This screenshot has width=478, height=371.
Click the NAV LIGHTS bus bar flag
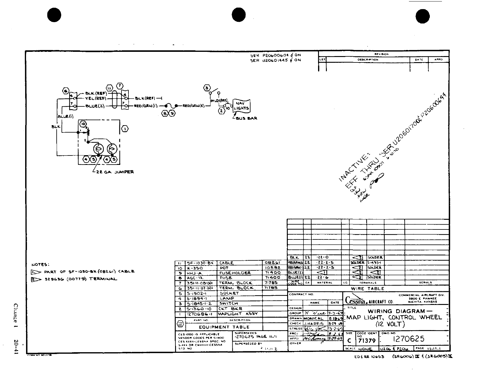[x=241, y=106]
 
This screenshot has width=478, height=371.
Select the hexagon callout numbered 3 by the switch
[x=207, y=88]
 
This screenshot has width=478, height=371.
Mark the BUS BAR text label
[x=248, y=118]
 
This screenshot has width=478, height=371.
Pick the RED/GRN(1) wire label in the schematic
[x=146, y=106]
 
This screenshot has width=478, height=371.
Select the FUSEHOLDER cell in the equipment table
[x=234, y=273]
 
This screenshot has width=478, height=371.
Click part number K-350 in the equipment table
[x=194, y=268]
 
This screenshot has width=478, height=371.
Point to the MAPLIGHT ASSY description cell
[x=237, y=314]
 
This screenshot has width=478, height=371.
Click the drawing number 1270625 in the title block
[x=408, y=339]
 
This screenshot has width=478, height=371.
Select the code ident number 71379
[x=367, y=341]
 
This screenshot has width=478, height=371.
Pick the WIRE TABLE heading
[x=367, y=289]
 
